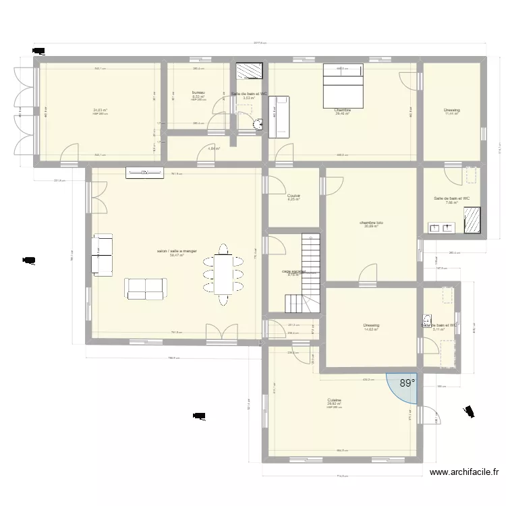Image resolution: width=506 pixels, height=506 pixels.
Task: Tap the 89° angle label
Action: (x=407, y=383)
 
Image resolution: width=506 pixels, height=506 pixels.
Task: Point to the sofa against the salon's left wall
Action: (x=103, y=255)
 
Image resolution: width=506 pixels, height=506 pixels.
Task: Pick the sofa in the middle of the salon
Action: (x=145, y=288)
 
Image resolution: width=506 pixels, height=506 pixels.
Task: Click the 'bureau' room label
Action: (x=198, y=92)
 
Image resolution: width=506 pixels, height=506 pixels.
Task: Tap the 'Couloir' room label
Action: (x=293, y=196)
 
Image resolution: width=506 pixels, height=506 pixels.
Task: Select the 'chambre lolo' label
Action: (x=371, y=222)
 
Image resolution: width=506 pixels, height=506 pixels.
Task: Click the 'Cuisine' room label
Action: (x=335, y=400)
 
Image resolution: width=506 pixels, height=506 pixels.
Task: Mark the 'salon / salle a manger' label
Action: (x=176, y=251)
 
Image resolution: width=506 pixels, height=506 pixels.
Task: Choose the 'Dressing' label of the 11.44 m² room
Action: (x=451, y=110)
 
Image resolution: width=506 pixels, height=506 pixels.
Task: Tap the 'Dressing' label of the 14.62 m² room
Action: (x=371, y=325)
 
